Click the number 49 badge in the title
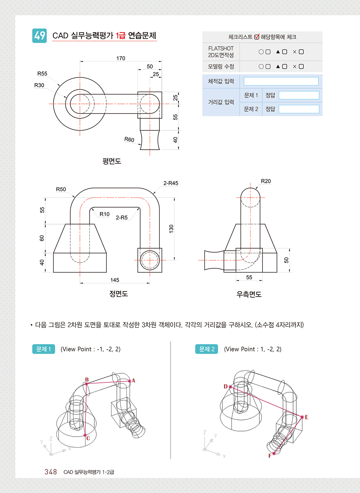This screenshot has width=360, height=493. point(39,36)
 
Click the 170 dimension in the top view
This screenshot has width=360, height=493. point(121,58)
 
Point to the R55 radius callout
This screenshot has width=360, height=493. point(42,74)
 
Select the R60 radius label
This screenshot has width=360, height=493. point(129,139)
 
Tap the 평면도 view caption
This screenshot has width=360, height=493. point(112,161)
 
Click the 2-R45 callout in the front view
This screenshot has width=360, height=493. point(171,183)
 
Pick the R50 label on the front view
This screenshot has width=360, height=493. point(61,189)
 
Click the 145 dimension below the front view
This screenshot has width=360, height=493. point(115,280)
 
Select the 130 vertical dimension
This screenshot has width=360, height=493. point(171,229)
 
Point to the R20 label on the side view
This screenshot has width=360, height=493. point(266,181)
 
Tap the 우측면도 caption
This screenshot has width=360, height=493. point(249,294)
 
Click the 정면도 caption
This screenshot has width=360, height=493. point(118,294)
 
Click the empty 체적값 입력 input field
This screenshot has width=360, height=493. point(281,81)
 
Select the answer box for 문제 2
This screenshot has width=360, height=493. point(299,109)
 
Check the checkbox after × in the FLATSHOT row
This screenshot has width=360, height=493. point(301,52)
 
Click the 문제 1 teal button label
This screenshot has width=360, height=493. point(44,349)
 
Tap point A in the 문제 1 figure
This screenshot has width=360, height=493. point(130,381)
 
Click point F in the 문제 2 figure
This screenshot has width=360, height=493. point(274,454)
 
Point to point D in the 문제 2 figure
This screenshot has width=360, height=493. point(230,387)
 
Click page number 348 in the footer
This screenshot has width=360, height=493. point(51,472)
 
